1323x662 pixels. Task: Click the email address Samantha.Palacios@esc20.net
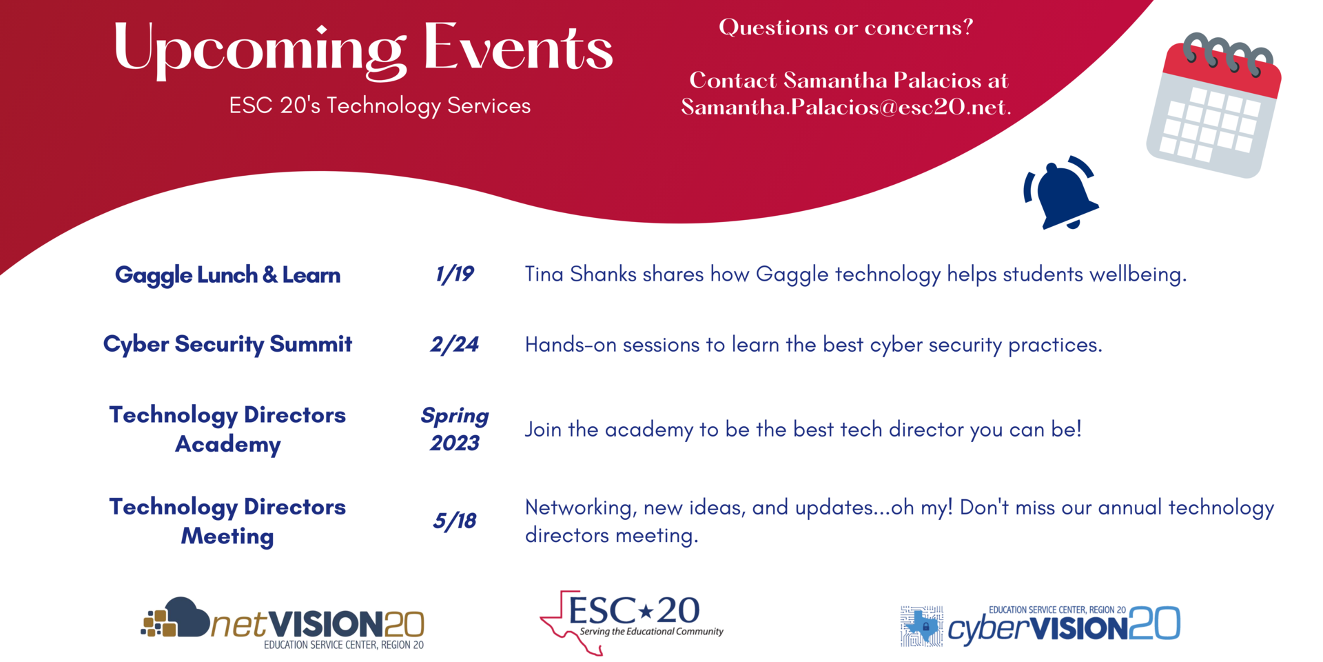[845, 108]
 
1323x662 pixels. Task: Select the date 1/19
[454, 274]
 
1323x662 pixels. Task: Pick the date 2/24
[454, 344]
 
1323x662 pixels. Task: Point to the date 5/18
[454, 521]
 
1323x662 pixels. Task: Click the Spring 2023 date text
[454, 429]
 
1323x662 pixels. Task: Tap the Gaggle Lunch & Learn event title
[227, 275]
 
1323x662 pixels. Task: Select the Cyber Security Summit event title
[227, 344]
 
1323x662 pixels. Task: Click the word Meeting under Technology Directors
[227, 536]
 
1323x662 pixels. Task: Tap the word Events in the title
[517, 48]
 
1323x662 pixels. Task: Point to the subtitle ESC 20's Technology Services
[380, 106]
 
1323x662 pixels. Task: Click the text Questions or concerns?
[845, 28]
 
